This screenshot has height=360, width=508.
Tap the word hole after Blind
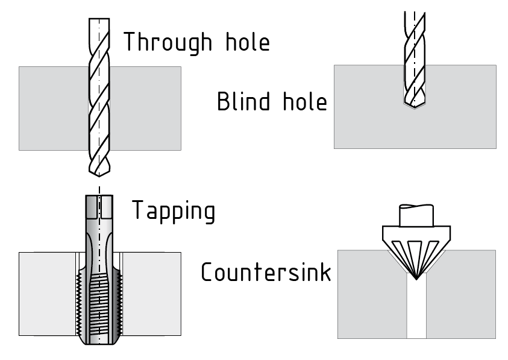tap(305, 101)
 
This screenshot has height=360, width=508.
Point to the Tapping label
tap(173, 211)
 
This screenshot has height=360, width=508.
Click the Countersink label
tap(266, 272)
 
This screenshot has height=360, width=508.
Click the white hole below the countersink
tap(416, 308)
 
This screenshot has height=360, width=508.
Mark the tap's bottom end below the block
tap(100, 340)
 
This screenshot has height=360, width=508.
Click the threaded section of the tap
tap(100, 302)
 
